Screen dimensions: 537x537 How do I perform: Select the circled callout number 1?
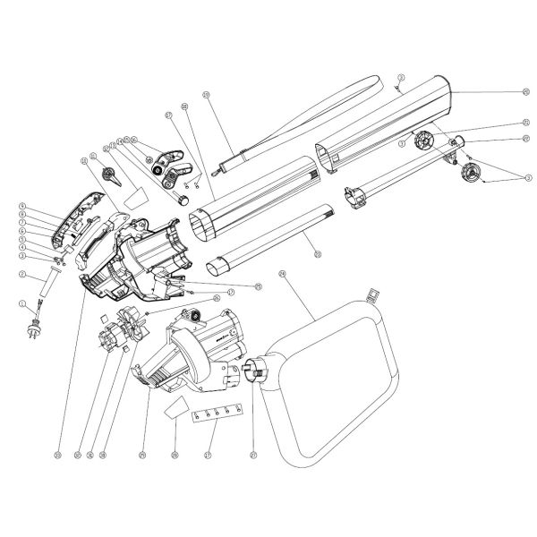[x=21, y=303]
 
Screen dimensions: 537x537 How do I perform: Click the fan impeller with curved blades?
[x=132, y=321]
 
